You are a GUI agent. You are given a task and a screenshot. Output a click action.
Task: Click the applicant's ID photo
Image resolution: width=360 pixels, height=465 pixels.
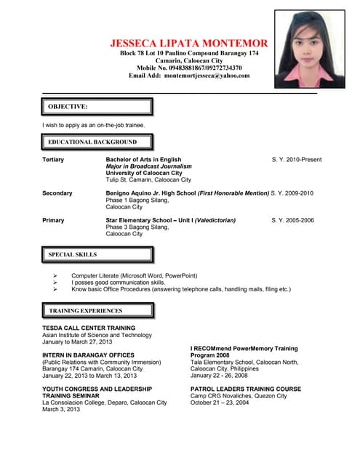(310, 49)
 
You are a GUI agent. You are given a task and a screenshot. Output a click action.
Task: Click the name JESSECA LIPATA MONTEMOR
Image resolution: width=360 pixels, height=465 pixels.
(189, 44)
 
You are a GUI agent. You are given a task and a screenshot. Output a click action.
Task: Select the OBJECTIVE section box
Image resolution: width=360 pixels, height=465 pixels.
(97, 107)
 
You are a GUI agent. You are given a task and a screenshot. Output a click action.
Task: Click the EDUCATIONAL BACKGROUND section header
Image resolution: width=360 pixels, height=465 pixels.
(97, 142)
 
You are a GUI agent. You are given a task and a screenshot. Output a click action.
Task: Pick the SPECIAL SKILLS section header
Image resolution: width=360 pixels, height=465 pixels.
(97, 255)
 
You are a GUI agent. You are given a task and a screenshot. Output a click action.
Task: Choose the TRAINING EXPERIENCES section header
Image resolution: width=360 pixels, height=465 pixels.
(97, 311)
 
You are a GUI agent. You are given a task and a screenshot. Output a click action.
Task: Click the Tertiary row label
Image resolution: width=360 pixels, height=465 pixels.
(53, 160)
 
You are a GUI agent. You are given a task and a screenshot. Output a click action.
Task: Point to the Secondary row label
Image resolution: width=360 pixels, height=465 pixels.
(57, 193)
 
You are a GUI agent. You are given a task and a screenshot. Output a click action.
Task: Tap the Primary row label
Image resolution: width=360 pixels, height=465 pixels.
(53, 220)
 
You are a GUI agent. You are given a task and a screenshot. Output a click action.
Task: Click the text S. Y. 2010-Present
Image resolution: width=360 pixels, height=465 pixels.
(296, 160)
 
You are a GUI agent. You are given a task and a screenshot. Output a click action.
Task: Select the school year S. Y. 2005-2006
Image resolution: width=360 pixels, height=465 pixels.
(292, 220)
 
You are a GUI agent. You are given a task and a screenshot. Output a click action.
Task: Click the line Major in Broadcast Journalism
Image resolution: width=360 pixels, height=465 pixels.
(149, 166)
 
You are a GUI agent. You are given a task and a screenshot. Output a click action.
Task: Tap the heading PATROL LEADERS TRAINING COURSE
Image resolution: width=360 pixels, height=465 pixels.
(246, 389)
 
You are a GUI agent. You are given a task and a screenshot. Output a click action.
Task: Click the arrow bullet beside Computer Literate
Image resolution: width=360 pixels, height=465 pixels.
(56, 276)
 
